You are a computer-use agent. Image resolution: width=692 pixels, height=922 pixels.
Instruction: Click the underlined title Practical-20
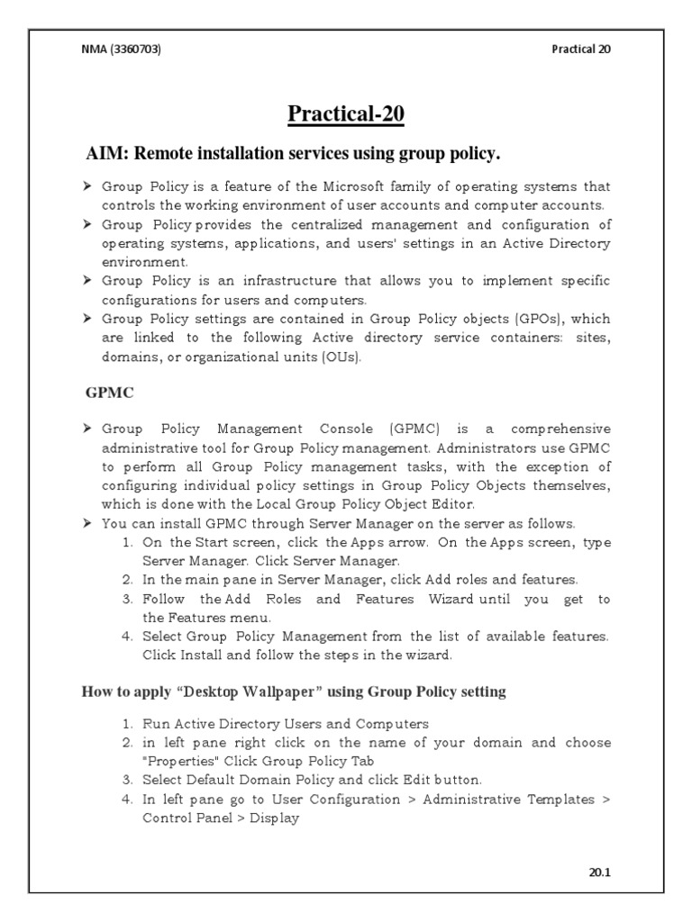(x=346, y=114)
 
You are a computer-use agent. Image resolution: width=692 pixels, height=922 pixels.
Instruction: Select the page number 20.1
(x=598, y=872)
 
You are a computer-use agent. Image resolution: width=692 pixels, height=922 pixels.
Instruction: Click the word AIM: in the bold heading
(x=106, y=154)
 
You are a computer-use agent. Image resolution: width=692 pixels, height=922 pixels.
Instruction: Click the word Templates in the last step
(x=559, y=799)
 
